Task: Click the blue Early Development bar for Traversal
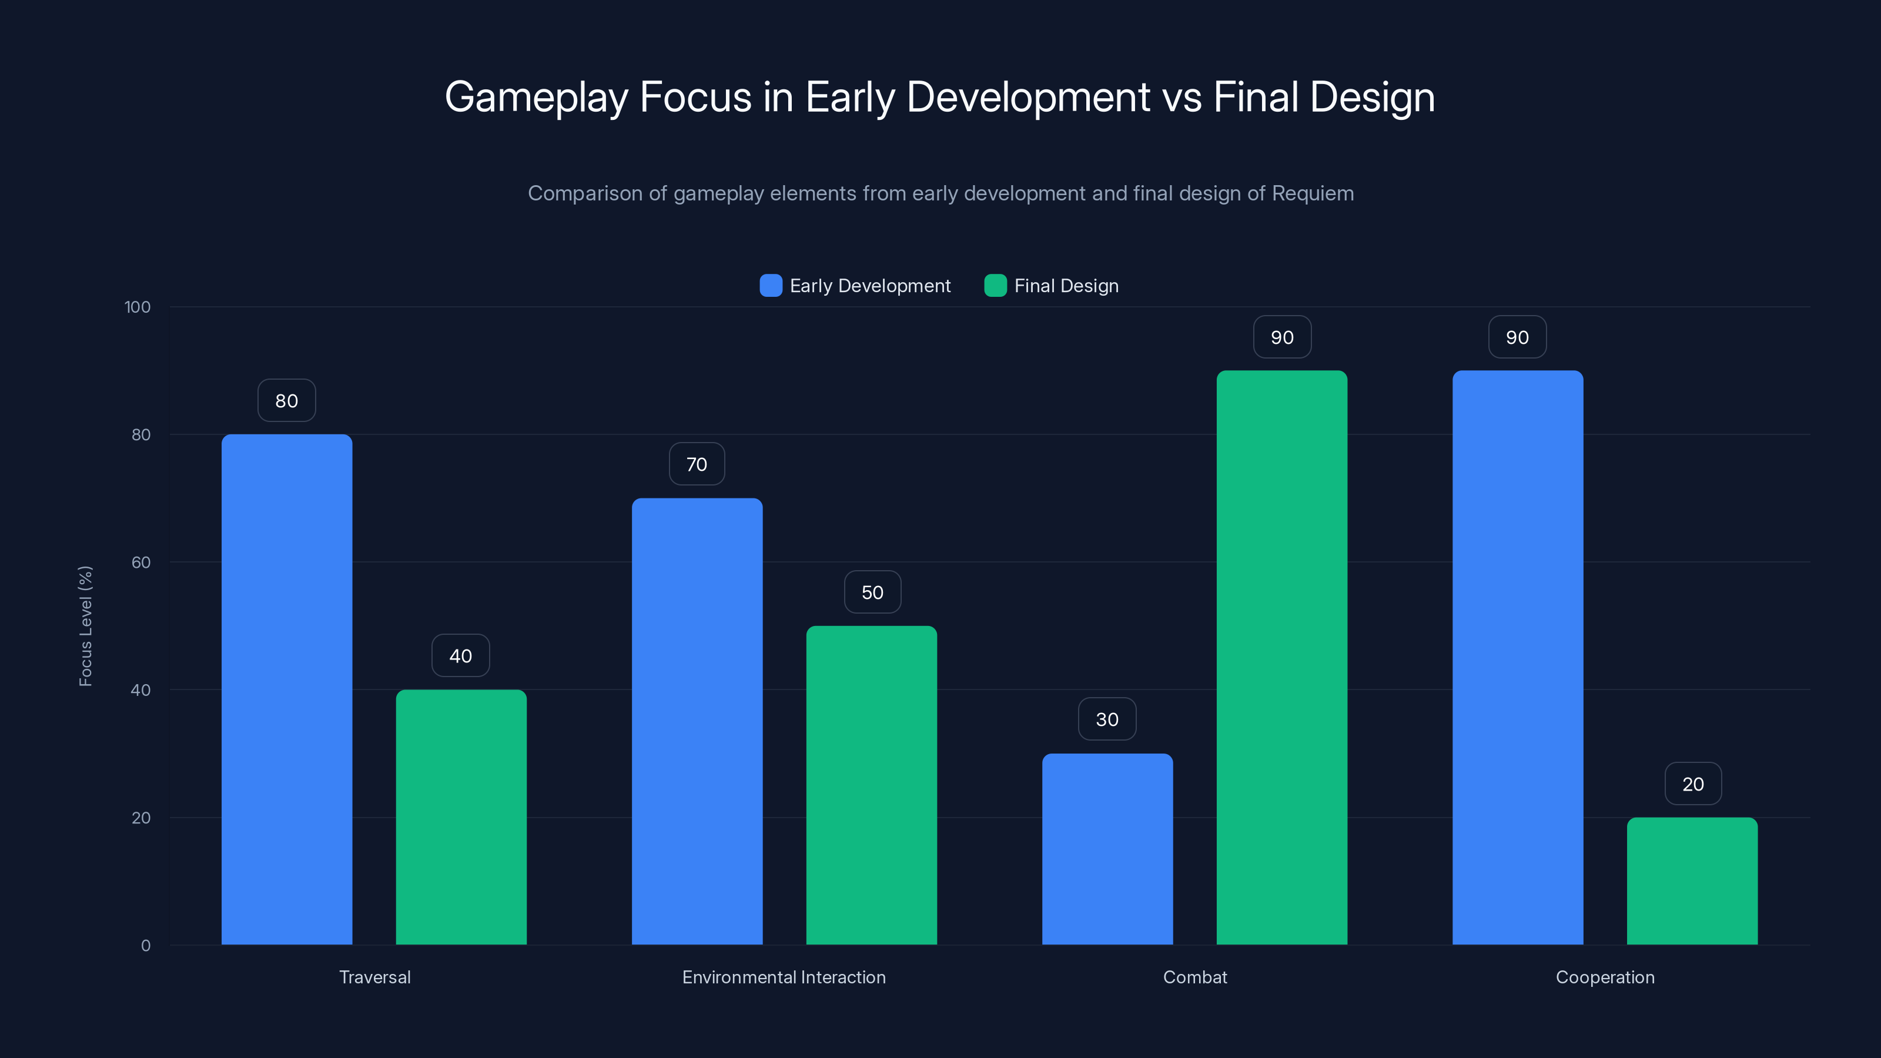pyautogui.click(x=286, y=689)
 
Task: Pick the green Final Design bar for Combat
pyautogui.click(x=1281, y=657)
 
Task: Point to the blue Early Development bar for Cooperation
pyautogui.click(x=1517, y=657)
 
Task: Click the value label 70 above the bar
pyautogui.click(x=697, y=464)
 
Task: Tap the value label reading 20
pyautogui.click(x=1693, y=784)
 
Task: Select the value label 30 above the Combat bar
pyautogui.click(x=1107, y=720)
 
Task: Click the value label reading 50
pyautogui.click(x=872, y=592)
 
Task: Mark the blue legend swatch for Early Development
pyautogui.click(x=771, y=286)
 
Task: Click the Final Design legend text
pyautogui.click(x=1066, y=286)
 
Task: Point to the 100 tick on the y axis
pyautogui.click(x=138, y=307)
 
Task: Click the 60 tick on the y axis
pyautogui.click(x=141, y=563)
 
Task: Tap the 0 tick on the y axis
pyautogui.click(x=146, y=946)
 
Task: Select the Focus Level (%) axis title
pyautogui.click(x=85, y=626)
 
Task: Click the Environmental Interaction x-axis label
pyautogui.click(x=784, y=977)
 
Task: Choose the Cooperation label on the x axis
pyautogui.click(x=1605, y=977)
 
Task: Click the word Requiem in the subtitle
pyautogui.click(x=1312, y=193)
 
